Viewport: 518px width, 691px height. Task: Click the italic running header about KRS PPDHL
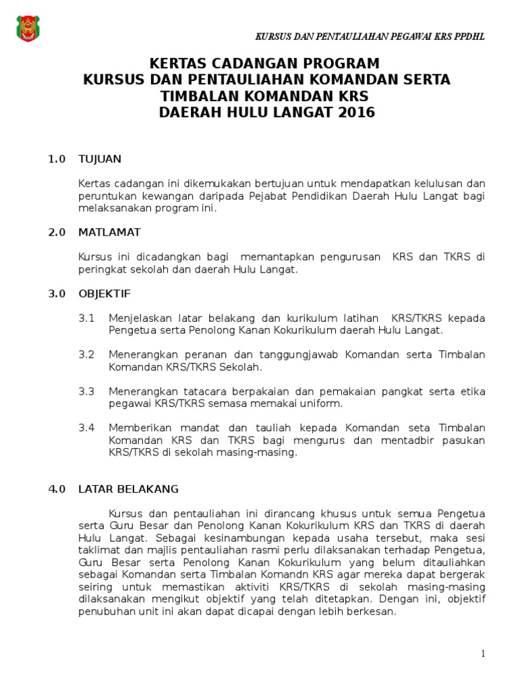point(369,36)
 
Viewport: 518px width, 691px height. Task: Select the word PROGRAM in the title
point(334,64)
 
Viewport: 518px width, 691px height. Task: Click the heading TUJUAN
point(100,159)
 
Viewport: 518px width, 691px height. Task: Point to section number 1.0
point(57,159)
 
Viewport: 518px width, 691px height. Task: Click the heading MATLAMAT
point(109,232)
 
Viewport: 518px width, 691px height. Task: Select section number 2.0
point(57,232)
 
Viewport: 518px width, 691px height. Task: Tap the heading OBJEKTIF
point(105,294)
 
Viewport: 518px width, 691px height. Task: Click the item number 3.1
point(86,318)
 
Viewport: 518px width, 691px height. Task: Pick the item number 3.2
point(86,355)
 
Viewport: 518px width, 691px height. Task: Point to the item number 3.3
point(86,391)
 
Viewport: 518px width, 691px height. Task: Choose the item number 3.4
point(86,428)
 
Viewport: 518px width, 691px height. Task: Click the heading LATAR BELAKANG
point(128,489)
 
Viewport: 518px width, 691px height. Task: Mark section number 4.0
point(57,489)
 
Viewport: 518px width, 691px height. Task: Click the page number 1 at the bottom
point(483,653)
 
